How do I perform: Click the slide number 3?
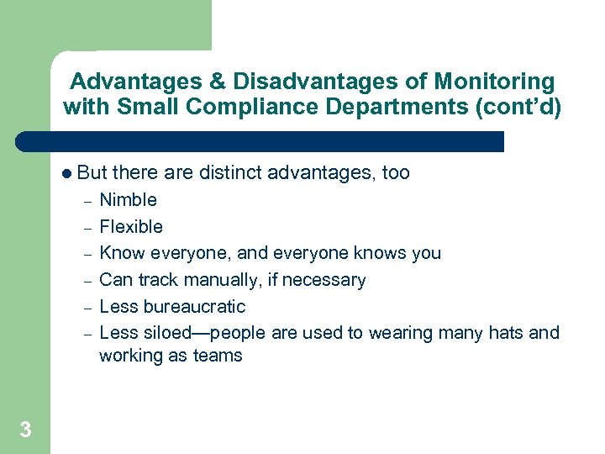[x=25, y=430]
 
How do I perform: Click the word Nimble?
[x=128, y=200]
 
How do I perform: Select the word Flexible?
[x=131, y=227]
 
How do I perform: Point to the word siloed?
[x=162, y=333]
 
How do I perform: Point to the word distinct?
[x=231, y=173]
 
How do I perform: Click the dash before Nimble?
[x=87, y=202]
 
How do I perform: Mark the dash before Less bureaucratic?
[x=87, y=308]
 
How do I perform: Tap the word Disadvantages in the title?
[x=323, y=82]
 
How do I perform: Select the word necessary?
[x=324, y=280]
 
